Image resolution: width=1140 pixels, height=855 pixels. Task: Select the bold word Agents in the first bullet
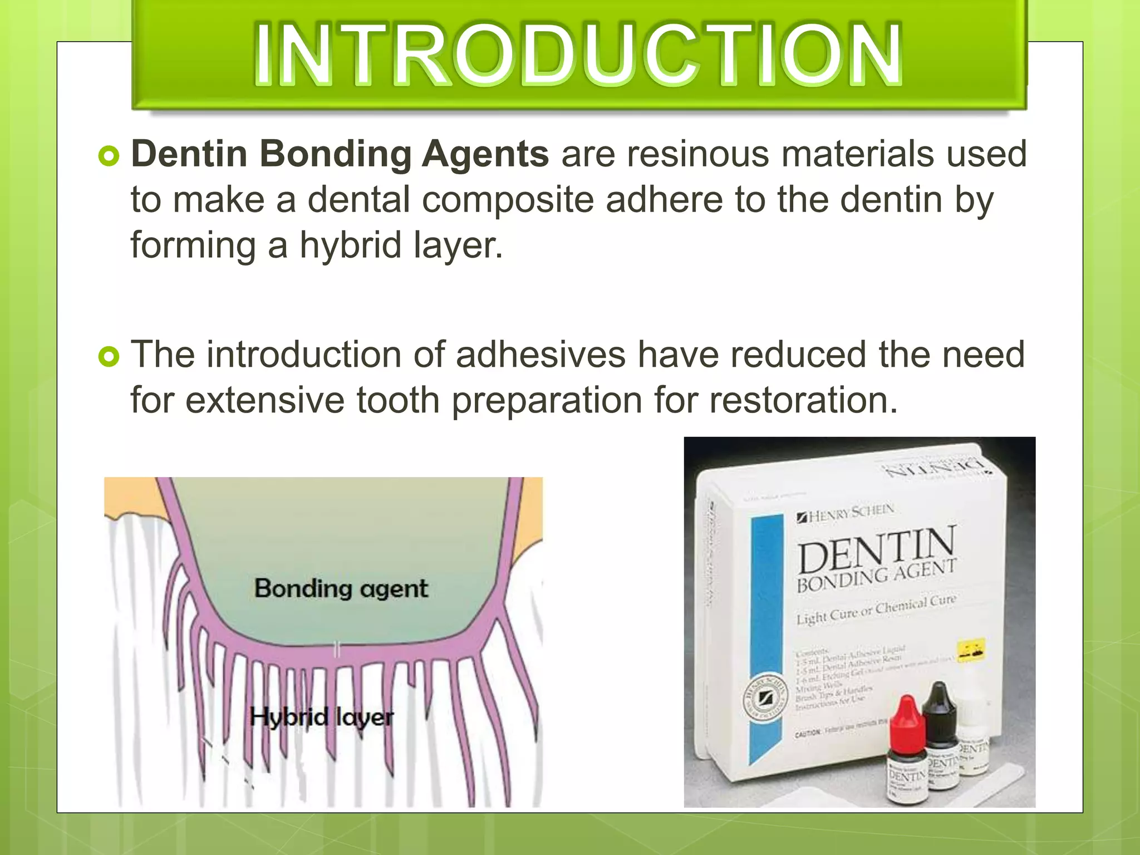[x=485, y=155]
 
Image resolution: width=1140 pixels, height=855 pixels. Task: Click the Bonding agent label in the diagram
[x=341, y=588]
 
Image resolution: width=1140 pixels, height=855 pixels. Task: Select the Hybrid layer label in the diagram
[x=321, y=717]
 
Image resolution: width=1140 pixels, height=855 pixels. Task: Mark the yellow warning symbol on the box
[x=970, y=649]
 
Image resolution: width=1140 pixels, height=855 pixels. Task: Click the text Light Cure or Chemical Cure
[x=876, y=610]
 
